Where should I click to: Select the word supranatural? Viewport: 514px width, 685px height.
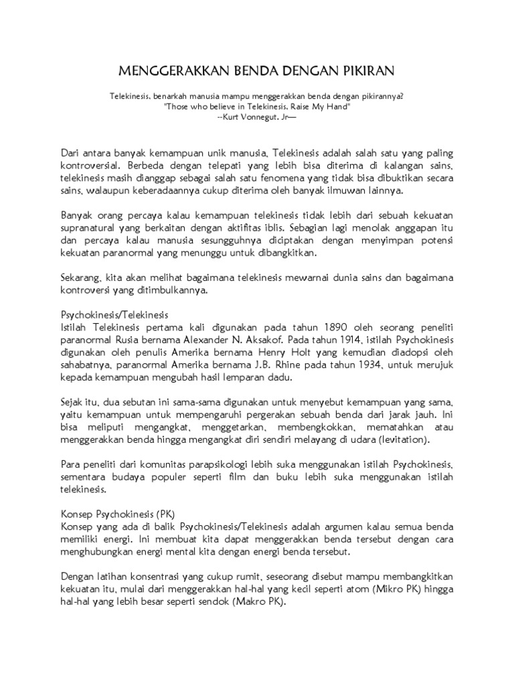[x=90, y=229]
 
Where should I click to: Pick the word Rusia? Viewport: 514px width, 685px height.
[x=122, y=340]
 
